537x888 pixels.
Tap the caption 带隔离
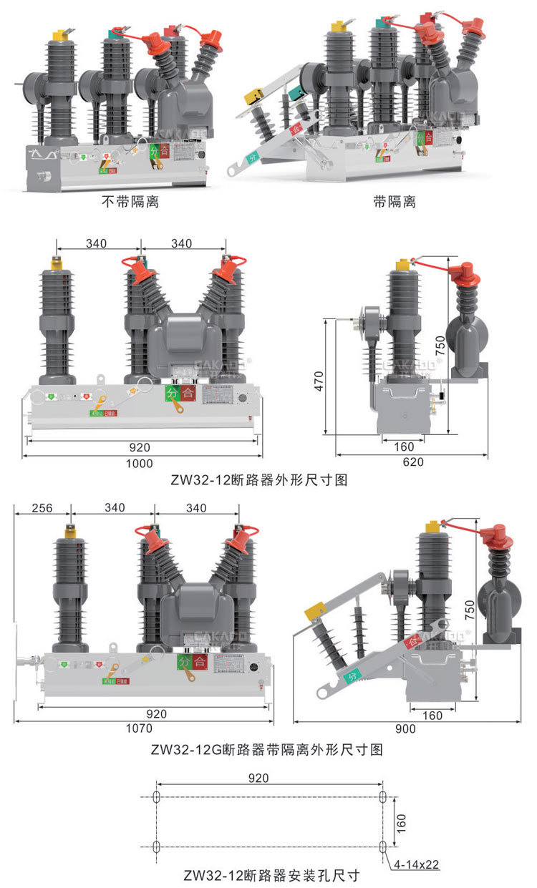click(x=394, y=202)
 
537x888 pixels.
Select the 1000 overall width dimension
click(x=140, y=463)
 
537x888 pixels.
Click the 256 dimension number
click(x=42, y=508)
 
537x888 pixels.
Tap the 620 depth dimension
click(x=413, y=462)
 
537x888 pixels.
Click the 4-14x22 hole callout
click(x=416, y=864)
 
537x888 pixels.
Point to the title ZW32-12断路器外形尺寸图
click(x=259, y=481)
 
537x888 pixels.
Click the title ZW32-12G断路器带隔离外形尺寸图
click(x=267, y=750)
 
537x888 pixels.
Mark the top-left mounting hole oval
click(x=157, y=796)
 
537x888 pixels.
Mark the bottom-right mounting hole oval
click(x=382, y=847)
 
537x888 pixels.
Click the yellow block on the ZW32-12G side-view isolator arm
click(x=315, y=612)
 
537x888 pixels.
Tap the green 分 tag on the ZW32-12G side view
click(x=352, y=675)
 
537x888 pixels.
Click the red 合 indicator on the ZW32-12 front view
click(x=188, y=392)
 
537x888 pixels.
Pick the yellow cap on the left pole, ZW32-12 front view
click(x=57, y=263)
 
